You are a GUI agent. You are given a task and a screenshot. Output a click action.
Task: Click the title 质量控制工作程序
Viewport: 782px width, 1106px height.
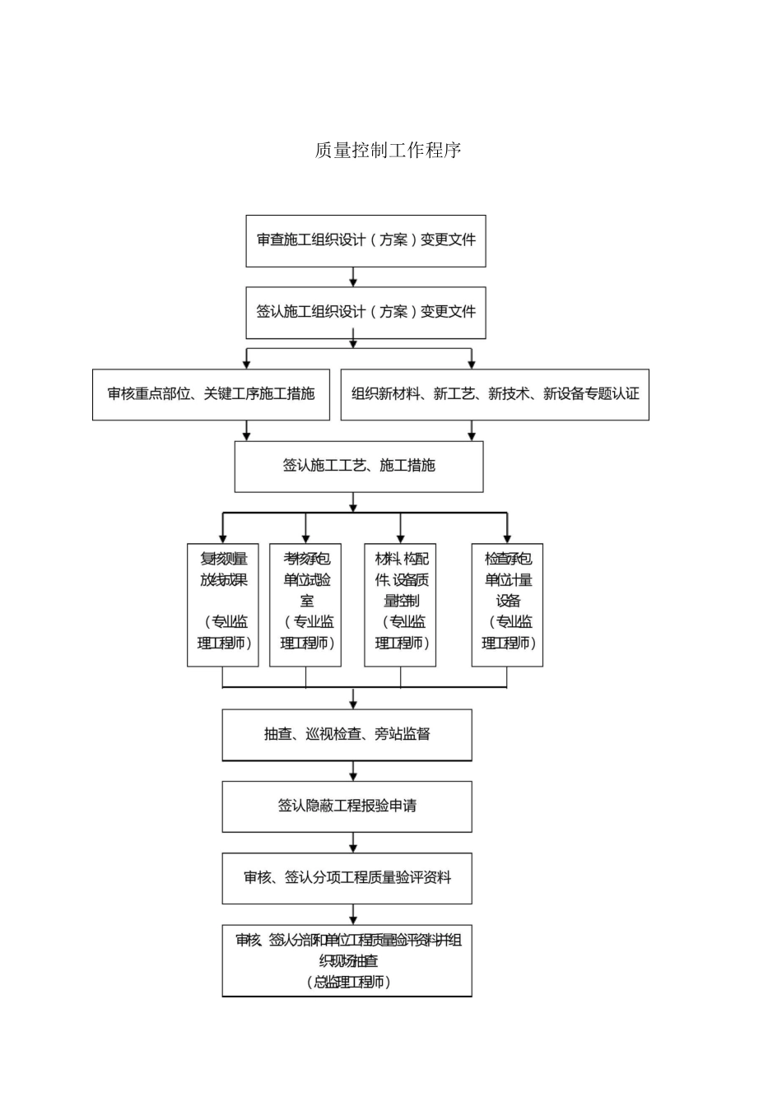388,150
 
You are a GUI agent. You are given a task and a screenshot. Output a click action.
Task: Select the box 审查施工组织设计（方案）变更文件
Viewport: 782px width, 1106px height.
365,240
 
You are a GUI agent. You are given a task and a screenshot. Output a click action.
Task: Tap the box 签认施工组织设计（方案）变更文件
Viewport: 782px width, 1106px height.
365,312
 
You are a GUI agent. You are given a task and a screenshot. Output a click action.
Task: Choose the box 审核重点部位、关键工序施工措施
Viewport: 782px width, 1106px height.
211,394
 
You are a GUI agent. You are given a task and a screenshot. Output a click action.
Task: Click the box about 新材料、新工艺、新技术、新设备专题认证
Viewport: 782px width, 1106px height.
495,394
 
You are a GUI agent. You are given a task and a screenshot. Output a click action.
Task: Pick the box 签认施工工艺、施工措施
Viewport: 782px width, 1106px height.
359,466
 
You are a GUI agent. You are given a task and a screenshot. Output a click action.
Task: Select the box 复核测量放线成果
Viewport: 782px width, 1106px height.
223,604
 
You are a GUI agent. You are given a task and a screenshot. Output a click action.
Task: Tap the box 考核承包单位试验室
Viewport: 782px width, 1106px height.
305,604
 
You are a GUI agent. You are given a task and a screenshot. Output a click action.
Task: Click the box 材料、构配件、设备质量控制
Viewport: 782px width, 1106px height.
401,604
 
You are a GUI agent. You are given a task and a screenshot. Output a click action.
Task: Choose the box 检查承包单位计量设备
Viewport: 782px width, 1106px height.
507,604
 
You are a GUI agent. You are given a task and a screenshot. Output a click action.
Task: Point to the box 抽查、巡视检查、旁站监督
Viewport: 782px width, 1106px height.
347,734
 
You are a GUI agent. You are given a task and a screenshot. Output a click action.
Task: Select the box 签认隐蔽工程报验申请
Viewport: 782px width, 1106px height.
347,806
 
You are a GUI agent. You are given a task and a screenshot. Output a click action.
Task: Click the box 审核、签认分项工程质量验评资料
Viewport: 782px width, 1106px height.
347,877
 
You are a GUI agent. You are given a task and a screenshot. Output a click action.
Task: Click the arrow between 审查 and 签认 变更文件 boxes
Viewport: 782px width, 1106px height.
353,277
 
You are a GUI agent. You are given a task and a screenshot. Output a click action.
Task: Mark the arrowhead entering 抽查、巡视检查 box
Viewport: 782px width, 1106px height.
353,704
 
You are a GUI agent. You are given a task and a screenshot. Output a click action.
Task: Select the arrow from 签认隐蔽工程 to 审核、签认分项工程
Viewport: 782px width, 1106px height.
353,843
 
